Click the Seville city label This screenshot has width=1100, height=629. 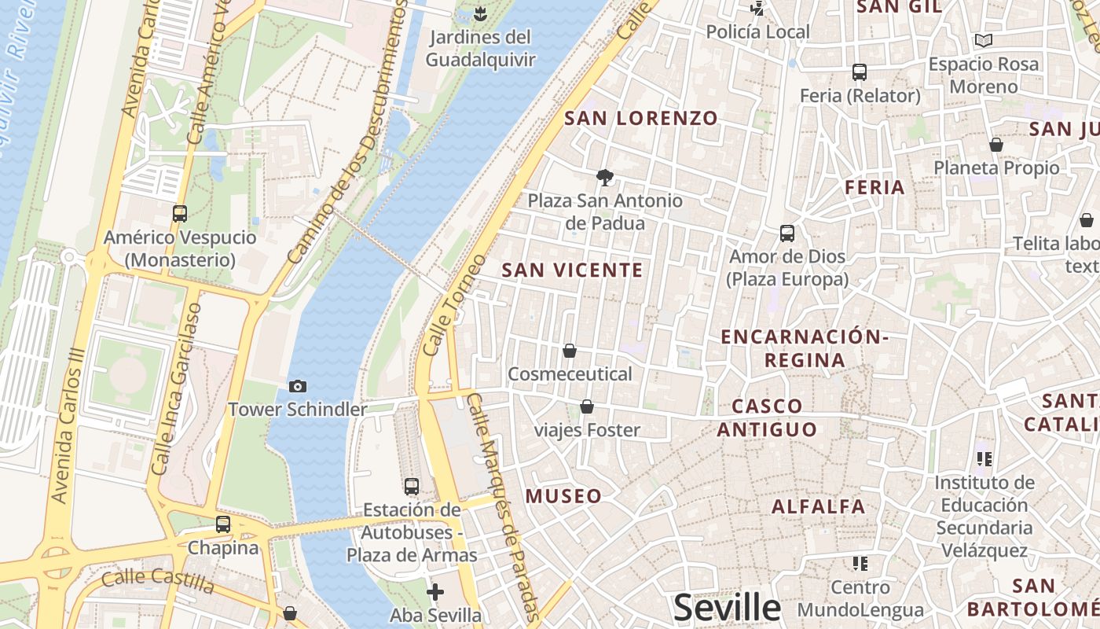(728, 608)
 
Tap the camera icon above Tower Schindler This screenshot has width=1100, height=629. (298, 386)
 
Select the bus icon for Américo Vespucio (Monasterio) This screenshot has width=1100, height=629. (180, 213)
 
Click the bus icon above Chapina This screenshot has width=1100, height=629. (223, 524)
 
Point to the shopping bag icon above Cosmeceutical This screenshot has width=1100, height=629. (570, 351)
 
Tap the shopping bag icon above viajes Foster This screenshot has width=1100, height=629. (587, 406)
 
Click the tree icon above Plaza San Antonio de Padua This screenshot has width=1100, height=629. (604, 178)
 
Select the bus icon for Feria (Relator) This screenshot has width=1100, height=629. (860, 72)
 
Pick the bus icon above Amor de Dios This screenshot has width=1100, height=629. (787, 234)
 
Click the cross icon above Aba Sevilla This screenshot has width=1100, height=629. (435, 591)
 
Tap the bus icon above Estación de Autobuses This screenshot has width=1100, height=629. (412, 486)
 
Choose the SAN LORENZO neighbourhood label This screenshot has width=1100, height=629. (641, 119)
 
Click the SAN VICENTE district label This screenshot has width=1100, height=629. (572, 270)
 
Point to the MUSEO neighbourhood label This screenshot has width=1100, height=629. (563, 496)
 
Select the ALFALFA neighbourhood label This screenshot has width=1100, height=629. (818, 506)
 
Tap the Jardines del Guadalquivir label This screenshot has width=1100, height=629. (481, 48)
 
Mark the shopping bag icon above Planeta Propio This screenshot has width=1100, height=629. (996, 145)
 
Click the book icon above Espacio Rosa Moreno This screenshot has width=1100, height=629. (983, 40)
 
